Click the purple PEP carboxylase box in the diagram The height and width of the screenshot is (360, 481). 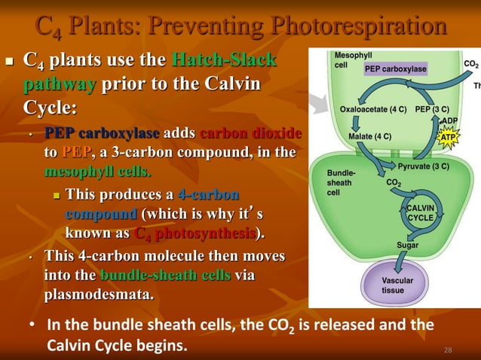click(x=396, y=69)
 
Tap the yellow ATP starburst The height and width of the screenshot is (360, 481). click(x=449, y=138)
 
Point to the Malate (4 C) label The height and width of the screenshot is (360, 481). click(x=369, y=136)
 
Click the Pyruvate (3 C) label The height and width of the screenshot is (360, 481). click(x=424, y=166)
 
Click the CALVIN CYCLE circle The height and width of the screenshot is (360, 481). click(x=420, y=212)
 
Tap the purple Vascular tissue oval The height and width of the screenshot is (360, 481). click(x=398, y=285)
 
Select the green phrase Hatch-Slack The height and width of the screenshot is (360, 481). click(x=224, y=59)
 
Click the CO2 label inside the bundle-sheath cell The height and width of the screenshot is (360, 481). click(x=394, y=182)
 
